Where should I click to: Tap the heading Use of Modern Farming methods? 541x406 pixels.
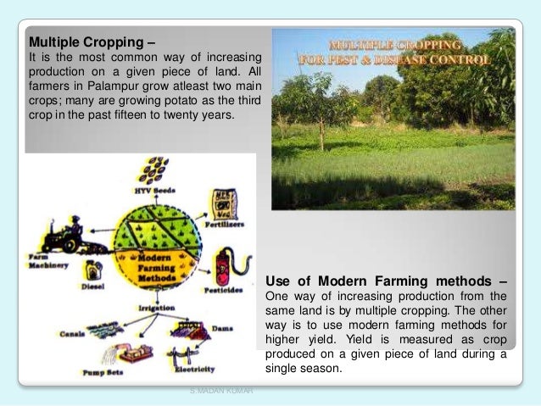(x=387, y=281)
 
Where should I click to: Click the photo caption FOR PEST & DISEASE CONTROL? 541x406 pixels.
(x=393, y=59)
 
